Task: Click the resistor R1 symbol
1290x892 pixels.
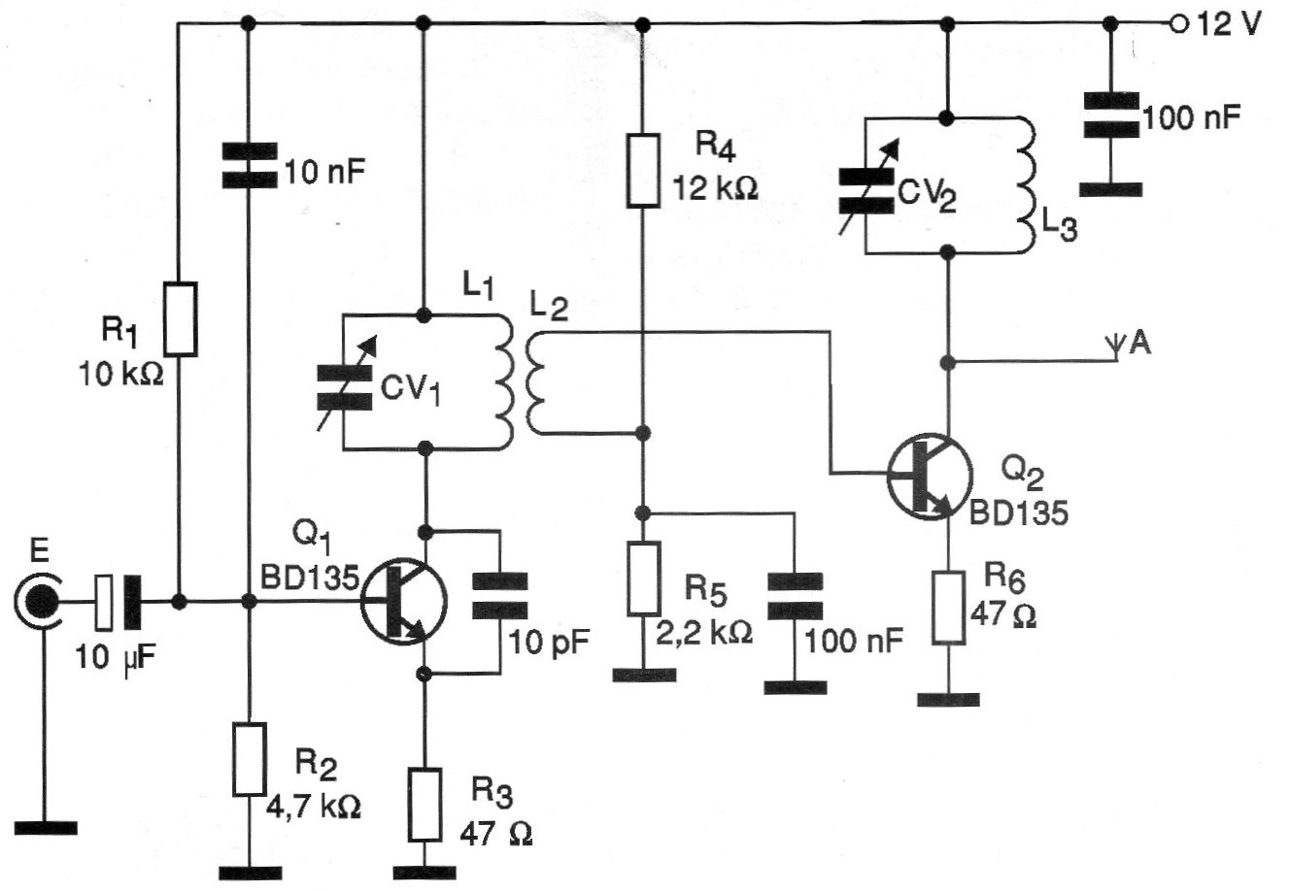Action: pos(180,317)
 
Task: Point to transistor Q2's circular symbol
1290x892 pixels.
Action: pos(929,475)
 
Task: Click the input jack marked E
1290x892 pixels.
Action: pos(40,602)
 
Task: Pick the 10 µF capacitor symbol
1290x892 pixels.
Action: pos(119,602)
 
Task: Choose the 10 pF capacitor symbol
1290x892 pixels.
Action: pos(499,595)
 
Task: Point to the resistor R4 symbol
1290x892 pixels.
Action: pos(641,171)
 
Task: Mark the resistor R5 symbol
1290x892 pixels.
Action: pos(641,578)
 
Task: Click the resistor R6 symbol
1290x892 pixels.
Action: pos(948,609)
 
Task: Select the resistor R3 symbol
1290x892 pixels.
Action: pos(424,805)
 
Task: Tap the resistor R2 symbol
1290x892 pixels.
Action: pos(250,758)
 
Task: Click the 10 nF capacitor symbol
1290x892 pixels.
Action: pos(249,166)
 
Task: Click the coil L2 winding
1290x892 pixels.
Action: pos(535,382)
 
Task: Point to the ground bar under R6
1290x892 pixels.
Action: pos(948,698)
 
